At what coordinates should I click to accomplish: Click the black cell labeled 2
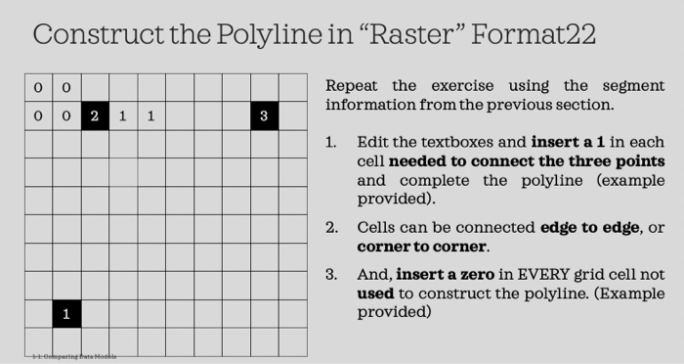(x=94, y=115)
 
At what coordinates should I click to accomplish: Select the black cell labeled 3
(x=264, y=115)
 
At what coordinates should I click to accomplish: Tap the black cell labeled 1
(x=65, y=314)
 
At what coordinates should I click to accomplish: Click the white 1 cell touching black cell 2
(x=122, y=115)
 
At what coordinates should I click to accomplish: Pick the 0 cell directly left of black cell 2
(x=65, y=115)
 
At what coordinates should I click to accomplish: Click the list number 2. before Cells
(x=332, y=228)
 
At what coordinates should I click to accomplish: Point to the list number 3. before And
(x=332, y=274)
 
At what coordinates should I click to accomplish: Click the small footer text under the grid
(x=73, y=357)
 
